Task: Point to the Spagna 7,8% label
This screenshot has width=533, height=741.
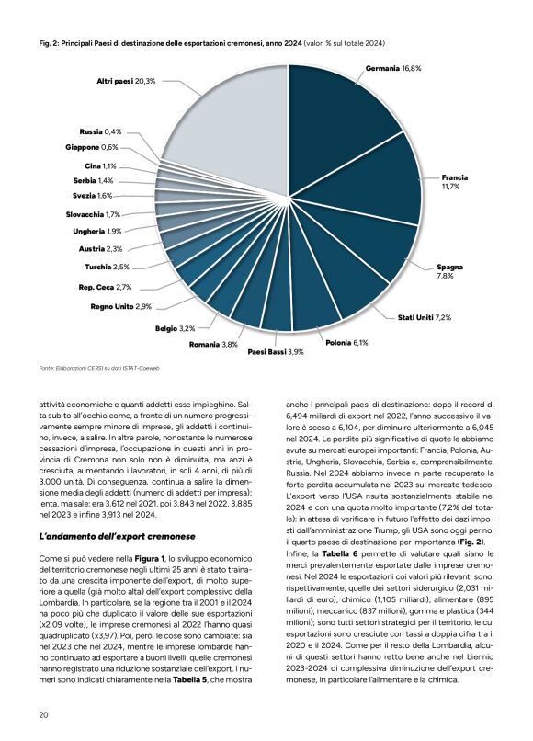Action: tap(450, 270)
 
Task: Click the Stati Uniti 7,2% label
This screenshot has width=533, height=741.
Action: tap(424, 317)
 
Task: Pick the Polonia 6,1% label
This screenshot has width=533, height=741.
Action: tap(346, 343)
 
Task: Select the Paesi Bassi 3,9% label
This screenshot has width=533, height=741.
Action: tap(276, 352)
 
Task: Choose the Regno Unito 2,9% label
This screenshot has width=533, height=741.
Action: tap(120, 306)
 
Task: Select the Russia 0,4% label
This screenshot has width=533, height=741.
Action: tap(100, 132)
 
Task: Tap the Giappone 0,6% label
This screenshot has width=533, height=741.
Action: tap(92, 147)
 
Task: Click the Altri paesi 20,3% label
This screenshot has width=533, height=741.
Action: tap(126, 82)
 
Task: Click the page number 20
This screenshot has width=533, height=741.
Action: tap(43, 714)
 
